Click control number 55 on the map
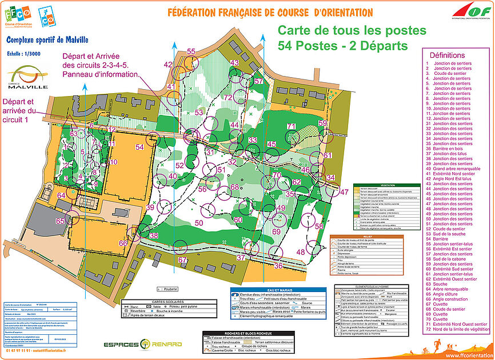[x=191, y=51]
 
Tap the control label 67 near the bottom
[x=182, y=260]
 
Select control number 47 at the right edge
[x=344, y=193]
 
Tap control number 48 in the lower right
[x=301, y=252]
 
